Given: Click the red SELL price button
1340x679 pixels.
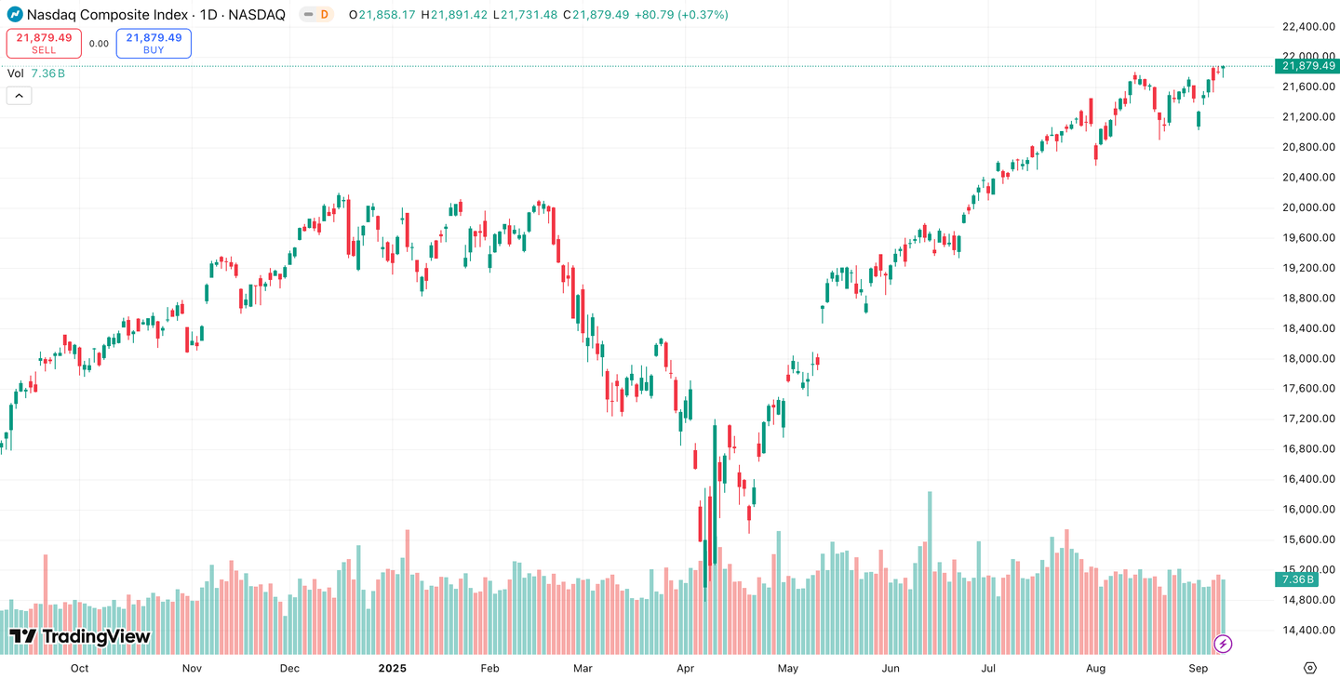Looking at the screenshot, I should pos(44,43).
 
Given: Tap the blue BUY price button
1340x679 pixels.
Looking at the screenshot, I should pos(154,43).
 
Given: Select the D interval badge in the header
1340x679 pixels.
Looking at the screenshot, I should pos(323,15).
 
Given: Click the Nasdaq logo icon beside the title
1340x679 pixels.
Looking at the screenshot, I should pos(15,15).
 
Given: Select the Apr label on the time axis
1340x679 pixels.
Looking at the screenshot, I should pos(686,669).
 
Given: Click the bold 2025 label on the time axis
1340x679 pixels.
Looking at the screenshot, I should pos(393,669).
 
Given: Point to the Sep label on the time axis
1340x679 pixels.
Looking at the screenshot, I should pos(1199,669).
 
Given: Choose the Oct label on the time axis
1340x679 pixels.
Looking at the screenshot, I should pos(79,669).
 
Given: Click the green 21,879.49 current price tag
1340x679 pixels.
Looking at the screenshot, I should pos(1308,66).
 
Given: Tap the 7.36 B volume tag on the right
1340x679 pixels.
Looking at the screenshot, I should pos(1296,579).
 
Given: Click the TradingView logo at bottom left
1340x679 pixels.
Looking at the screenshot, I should pos(79,637).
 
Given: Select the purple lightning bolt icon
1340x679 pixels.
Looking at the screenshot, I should pos(1223,644).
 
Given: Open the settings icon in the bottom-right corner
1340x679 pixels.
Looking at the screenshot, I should pos(1310,668).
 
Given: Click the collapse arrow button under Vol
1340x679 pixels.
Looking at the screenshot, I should pos(19,95).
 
